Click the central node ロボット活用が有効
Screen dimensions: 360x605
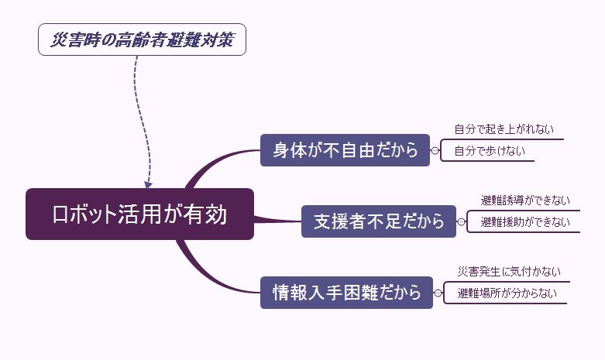pos(139,214)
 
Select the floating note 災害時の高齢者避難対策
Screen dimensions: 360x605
pos(142,40)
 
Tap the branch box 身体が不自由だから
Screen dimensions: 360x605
pos(345,150)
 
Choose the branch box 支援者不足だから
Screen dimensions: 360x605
pos(379,221)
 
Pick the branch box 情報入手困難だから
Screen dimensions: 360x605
pos(345,293)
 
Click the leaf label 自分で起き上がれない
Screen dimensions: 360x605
pos(504,129)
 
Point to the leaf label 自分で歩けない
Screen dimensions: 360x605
pos(489,151)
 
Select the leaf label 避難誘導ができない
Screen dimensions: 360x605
pos(525,201)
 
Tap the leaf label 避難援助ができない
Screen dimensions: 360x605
pos(525,222)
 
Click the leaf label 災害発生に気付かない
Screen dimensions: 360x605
pos(509,271)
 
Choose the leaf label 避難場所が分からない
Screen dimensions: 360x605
pos(506,293)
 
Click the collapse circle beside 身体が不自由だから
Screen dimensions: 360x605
pos(435,150)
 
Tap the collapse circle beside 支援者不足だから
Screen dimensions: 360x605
pos(461,221)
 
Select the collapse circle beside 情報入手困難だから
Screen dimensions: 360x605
pos(438,293)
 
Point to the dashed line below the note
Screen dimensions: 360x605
pos(136,101)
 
